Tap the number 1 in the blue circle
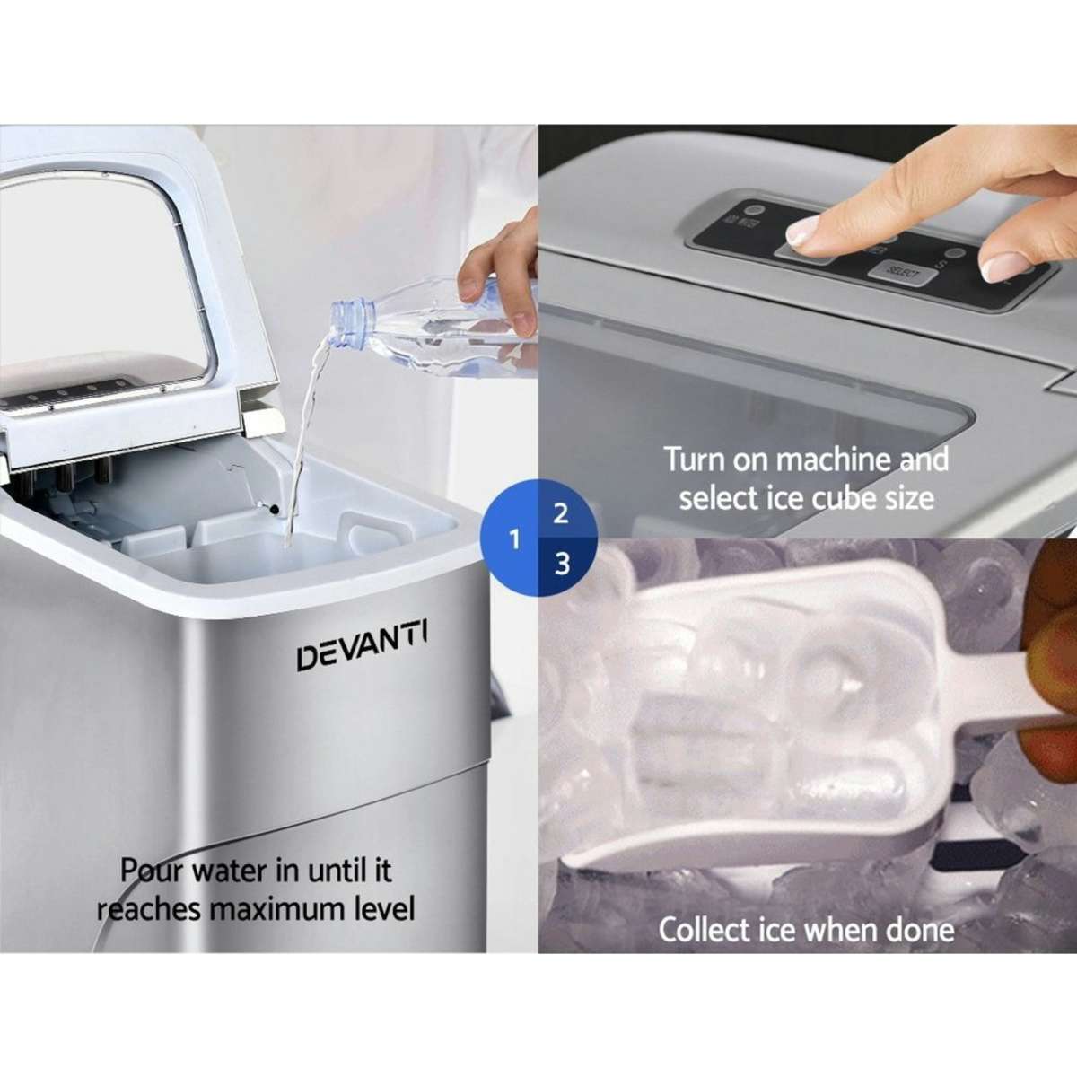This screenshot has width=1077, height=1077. pyautogui.click(x=514, y=539)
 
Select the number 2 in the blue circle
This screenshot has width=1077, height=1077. pyautogui.click(x=562, y=514)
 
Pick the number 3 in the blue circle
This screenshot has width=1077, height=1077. pyautogui.click(x=562, y=564)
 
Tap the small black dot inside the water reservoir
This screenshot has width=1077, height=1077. pyautogui.click(x=273, y=510)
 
